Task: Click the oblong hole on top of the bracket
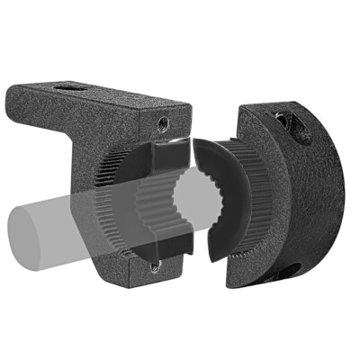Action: [x=68, y=88]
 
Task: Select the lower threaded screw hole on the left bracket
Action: [x=155, y=265]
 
